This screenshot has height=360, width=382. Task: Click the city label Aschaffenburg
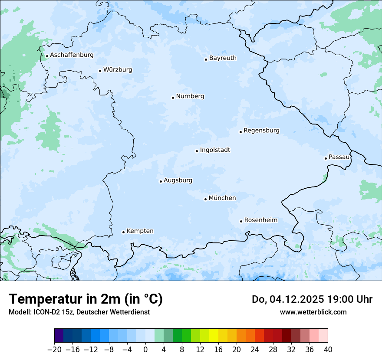[x=72, y=55]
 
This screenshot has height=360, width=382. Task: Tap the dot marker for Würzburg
[x=100, y=71]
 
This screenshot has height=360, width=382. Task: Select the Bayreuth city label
[x=223, y=58]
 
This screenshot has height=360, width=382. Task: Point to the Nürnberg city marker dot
[x=173, y=98]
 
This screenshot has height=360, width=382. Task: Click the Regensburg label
[x=261, y=131]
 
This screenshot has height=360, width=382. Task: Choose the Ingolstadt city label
[x=215, y=150]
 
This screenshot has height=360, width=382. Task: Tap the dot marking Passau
[x=326, y=158]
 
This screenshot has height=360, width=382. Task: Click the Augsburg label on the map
[x=178, y=180]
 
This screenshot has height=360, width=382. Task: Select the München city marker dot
[x=205, y=199]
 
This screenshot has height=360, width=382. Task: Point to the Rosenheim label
[x=260, y=220]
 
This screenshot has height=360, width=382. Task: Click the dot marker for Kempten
[x=123, y=232]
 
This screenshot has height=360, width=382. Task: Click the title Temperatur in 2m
[x=86, y=299]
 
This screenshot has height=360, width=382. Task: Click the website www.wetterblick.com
[x=313, y=312]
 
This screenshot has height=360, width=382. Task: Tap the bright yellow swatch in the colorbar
[x=214, y=336]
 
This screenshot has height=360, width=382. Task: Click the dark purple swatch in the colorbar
[x=59, y=336]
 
